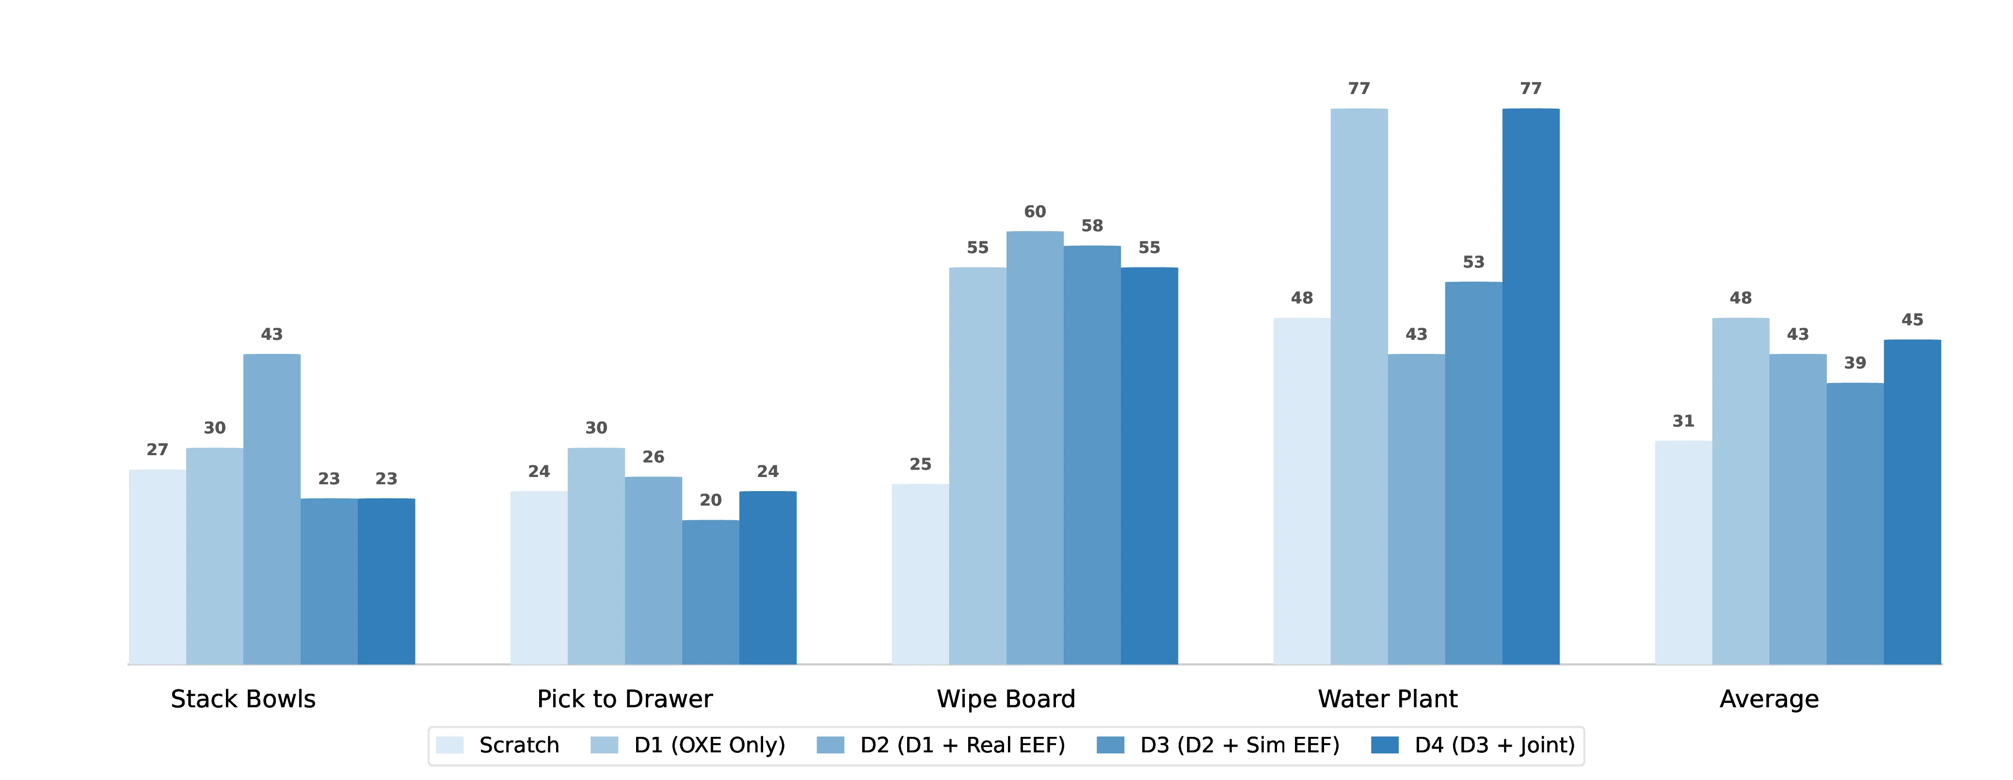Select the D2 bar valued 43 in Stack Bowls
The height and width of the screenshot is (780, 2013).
click(x=272, y=509)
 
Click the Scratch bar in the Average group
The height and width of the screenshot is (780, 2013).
click(x=1683, y=553)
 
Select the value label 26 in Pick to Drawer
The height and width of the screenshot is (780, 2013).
click(x=653, y=457)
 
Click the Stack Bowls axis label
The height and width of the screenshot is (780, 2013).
click(x=243, y=699)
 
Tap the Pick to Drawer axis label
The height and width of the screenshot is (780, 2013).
click(x=624, y=699)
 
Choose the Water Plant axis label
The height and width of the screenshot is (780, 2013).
click(x=1387, y=699)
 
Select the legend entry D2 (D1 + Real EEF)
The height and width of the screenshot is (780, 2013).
click(x=962, y=745)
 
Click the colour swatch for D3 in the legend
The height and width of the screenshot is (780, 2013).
click(x=1110, y=745)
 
